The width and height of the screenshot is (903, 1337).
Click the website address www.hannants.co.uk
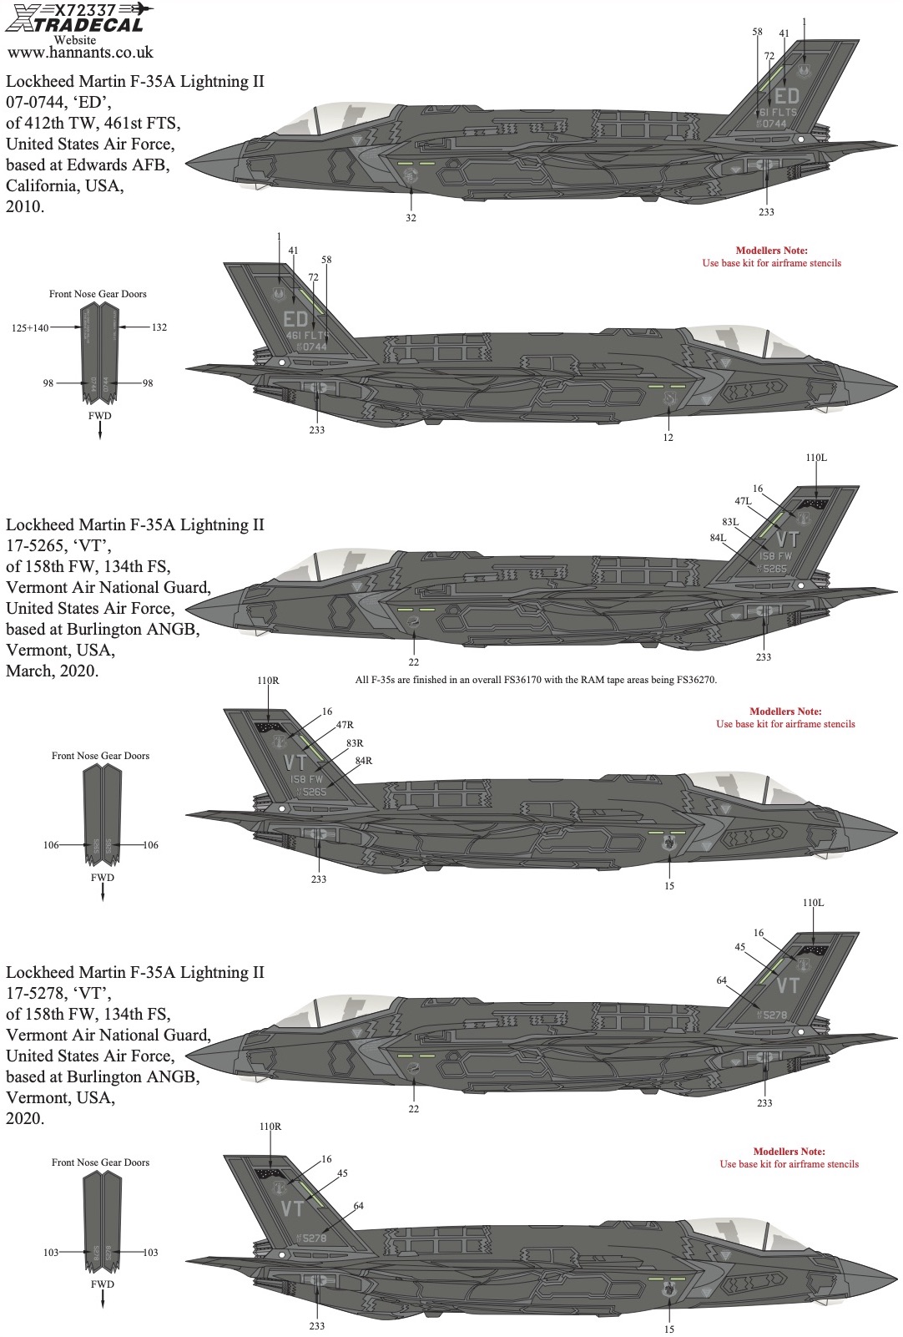tap(79, 53)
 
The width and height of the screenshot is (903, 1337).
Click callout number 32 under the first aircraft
tap(411, 218)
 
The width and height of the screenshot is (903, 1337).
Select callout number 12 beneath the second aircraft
tap(668, 438)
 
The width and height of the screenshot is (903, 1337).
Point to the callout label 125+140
tap(31, 327)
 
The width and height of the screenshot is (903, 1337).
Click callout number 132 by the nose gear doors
tap(159, 327)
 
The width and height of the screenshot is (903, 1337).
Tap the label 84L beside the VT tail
tap(718, 539)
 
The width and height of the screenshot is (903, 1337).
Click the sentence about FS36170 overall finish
tap(536, 680)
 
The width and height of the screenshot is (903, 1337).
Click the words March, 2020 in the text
tap(53, 671)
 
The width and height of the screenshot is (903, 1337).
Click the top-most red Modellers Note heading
tap(771, 251)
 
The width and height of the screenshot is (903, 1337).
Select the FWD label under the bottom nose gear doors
tap(102, 1284)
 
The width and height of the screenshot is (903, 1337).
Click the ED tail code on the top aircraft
tap(786, 95)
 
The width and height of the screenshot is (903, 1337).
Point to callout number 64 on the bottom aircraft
tap(358, 1206)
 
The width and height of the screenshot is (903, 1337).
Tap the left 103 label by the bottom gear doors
tap(52, 1253)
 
